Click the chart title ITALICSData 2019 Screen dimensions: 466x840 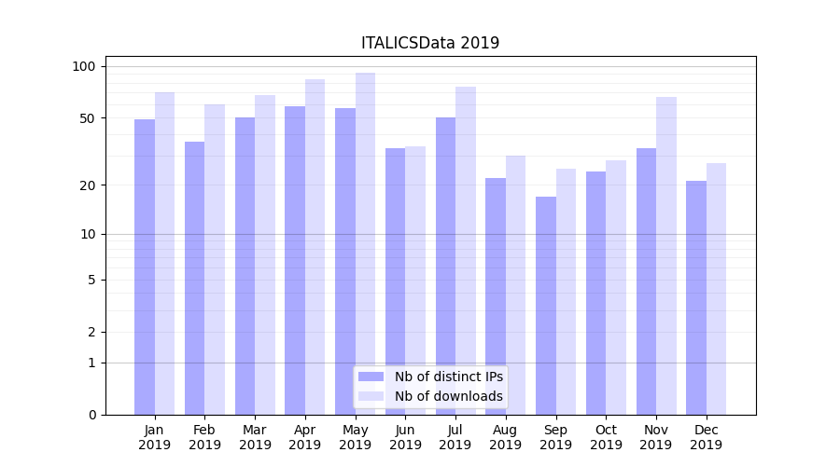(x=430, y=43)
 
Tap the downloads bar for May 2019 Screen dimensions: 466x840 (x=365, y=243)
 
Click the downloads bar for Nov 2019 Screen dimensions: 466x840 (x=666, y=255)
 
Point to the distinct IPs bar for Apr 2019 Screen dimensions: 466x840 (x=295, y=260)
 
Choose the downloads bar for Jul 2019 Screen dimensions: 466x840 (x=466, y=251)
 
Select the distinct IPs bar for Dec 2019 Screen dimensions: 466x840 (x=696, y=297)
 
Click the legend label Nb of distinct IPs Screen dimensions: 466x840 (x=449, y=377)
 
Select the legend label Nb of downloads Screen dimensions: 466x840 (x=449, y=396)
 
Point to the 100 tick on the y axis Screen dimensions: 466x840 (x=84, y=66)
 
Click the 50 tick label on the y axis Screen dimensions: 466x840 (x=87, y=118)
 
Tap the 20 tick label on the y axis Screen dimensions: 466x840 (x=87, y=185)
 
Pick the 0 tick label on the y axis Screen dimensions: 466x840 (x=91, y=415)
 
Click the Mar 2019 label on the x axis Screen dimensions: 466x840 (x=255, y=437)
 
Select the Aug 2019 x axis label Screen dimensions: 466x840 (x=506, y=437)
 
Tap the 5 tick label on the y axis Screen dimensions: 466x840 (x=91, y=280)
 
